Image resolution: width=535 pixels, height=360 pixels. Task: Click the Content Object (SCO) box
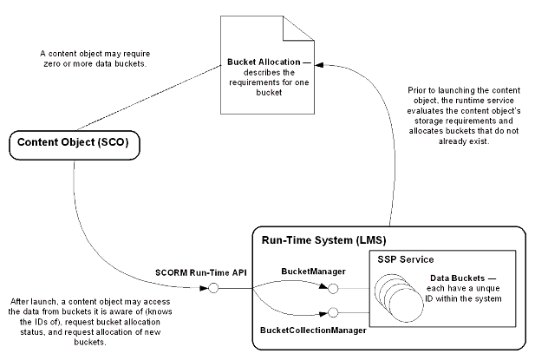(x=75, y=145)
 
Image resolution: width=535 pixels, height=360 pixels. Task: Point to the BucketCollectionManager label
(x=312, y=331)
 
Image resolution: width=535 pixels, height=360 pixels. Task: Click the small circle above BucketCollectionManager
(x=333, y=311)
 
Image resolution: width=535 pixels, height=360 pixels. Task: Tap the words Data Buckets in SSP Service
(x=457, y=278)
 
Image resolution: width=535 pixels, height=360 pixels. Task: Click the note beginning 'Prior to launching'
(x=467, y=115)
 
